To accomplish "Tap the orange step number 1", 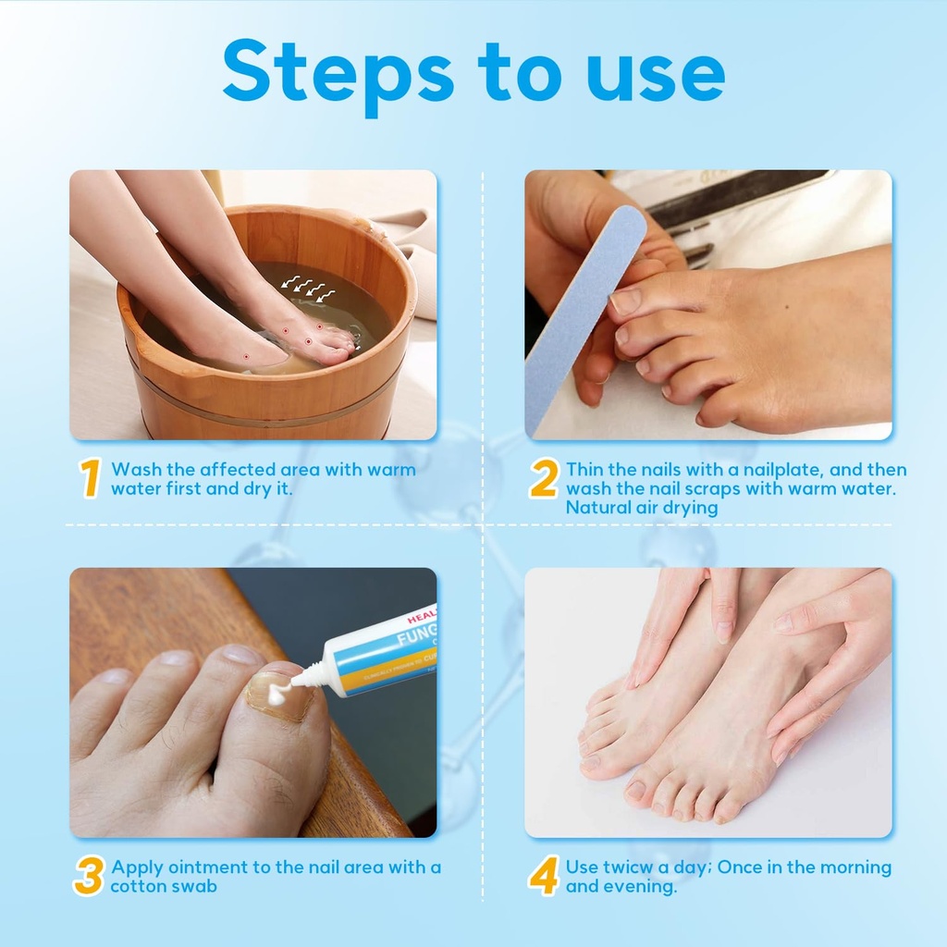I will [x=90, y=479].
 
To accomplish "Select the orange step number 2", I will [x=544, y=479].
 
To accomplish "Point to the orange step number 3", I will [x=88, y=877].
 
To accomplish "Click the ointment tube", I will [x=379, y=653].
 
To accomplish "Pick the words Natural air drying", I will [x=642, y=508].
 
